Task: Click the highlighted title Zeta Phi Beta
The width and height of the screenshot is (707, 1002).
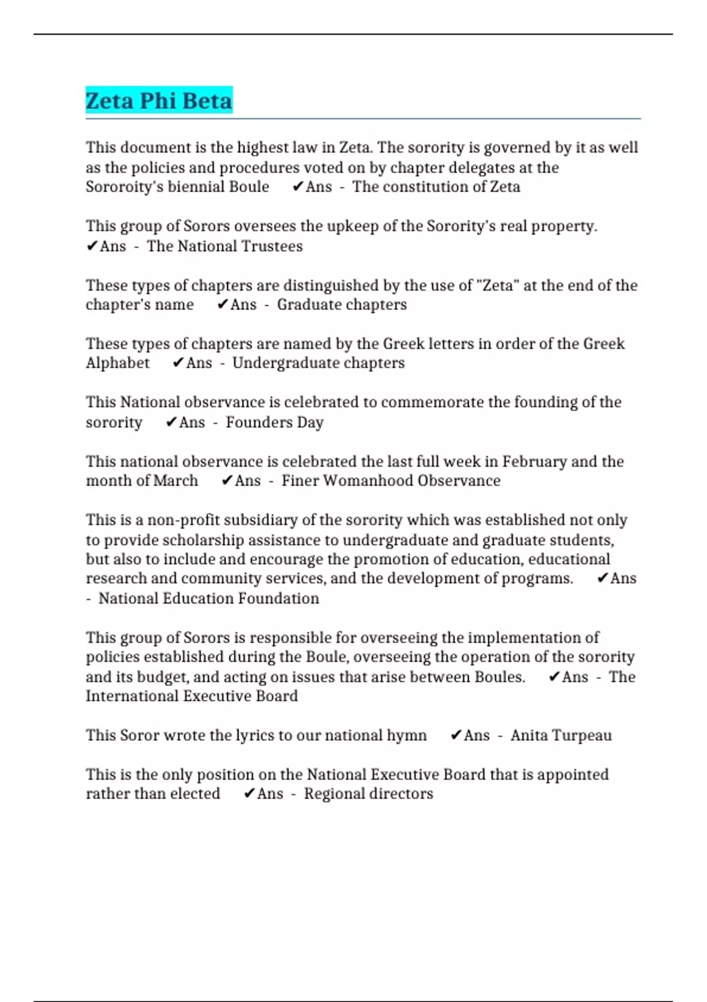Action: click(x=159, y=101)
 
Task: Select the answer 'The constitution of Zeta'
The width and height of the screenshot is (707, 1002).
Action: click(x=436, y=187)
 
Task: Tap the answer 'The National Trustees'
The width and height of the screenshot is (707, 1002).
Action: click(x=224, y=246)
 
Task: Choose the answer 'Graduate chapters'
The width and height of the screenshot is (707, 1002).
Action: click(x=342, y=305)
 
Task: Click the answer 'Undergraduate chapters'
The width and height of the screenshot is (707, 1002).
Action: click(x=318, y=363)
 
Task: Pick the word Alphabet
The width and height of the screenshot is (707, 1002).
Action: click(x=118, y=363)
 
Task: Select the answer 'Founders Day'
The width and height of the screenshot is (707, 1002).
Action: click(x=275, y=422)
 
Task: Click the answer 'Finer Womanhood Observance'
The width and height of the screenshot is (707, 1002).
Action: click(x=391, y=480)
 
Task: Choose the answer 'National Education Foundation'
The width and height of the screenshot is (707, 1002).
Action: click(x=209, y=598)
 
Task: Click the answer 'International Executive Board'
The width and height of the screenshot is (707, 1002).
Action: click(x=191, y=696)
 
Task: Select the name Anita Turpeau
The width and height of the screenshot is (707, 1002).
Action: click(x=561, y=735)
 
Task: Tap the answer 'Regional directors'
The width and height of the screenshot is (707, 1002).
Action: click(x=368, y=793)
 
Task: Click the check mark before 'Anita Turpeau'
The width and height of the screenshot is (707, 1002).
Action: click(x=455, y=735)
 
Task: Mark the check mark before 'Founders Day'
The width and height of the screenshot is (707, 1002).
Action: click(x=171, y=422)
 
